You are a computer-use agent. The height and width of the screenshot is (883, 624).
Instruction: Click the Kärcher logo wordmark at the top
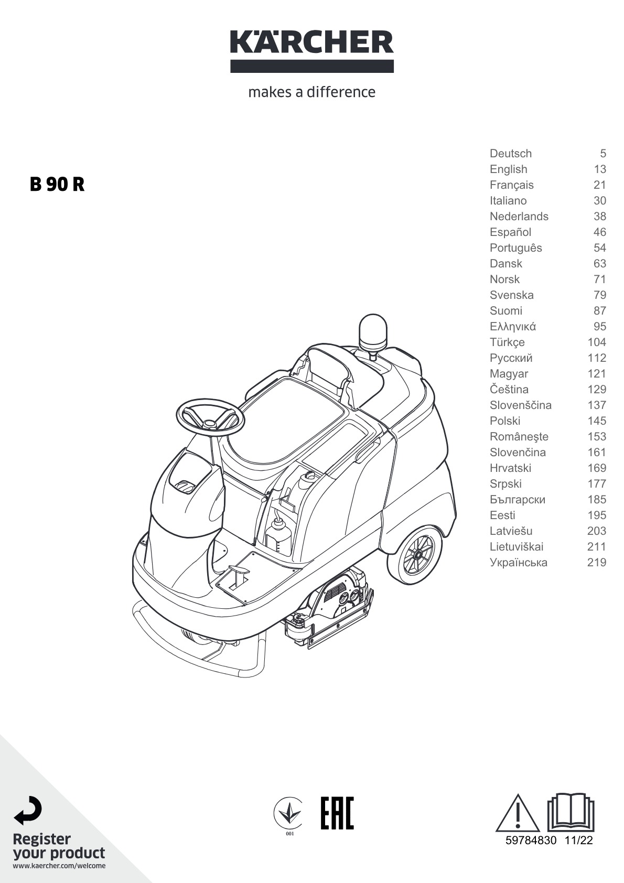coord(312,42)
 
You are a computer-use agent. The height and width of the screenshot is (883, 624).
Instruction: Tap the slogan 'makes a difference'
coord(312,92)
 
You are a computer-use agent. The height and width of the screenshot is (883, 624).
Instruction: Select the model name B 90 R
coord(57,185)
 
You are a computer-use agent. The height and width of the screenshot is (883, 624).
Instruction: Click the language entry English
coord(508,169)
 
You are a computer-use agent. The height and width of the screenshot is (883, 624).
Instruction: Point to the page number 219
coord(596,562)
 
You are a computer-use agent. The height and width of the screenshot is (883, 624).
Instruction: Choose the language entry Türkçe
coord(507,342)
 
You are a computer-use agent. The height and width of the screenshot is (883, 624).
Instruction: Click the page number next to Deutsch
coord(603,153)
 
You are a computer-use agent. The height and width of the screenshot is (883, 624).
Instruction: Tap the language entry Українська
coord(519,562)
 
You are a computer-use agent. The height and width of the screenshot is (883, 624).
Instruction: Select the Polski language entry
coord(505,421)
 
